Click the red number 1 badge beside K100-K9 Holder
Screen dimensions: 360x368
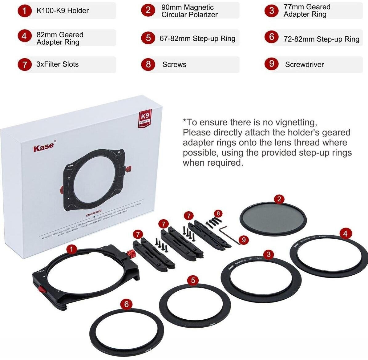(24, 11)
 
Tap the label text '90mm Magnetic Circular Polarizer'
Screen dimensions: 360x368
(189, 11)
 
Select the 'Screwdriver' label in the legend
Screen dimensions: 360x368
(304, 64)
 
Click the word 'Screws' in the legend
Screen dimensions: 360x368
(174, 64)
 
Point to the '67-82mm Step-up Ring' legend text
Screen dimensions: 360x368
(197, 38)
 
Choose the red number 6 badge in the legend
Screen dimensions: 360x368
(271, 37)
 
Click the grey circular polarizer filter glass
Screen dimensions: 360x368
(273, 218)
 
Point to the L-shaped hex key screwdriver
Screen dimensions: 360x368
(228, 234)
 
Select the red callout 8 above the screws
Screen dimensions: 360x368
(218, 213)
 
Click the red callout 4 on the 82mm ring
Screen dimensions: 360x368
(345, 234)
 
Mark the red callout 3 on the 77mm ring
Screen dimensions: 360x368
(269, 254)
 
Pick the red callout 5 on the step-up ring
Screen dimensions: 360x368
(193, 280)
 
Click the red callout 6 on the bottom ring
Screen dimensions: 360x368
(126, 304)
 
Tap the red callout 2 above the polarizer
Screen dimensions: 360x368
(279, 199)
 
